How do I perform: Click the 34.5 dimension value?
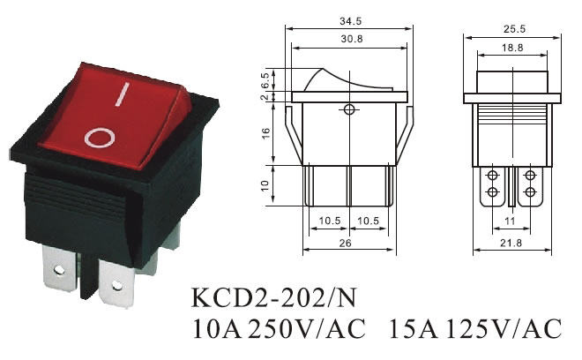(350, 19)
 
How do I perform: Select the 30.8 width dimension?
(350, 40)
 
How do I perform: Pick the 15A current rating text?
(410, 329)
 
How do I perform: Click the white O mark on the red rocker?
(98, 137)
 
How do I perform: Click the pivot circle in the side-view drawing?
(350, 110)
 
